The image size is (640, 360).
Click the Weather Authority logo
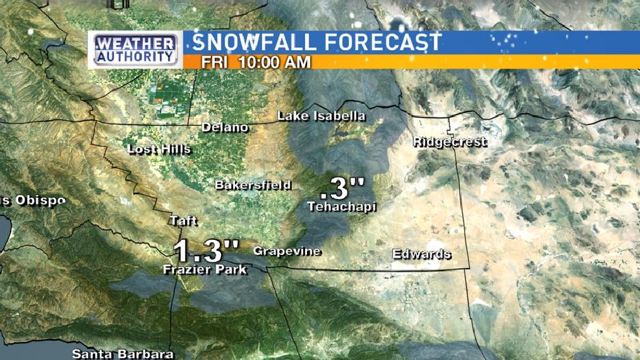(x=136, y=50)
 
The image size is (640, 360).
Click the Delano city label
(x=225, y=127)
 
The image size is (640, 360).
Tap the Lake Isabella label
(x=321, y=117)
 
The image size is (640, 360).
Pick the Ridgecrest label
(x=450, y=142)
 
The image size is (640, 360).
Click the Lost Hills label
(x=159, y=149)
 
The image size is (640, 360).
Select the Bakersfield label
(x=253, y=186)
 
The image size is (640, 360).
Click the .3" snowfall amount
(x=343, y=189)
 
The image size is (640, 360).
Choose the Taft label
(x=183, y=221)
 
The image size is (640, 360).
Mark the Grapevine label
(x=287, y=251)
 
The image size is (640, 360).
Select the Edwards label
(x=422, y=254)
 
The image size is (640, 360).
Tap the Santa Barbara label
(x=123, y=354)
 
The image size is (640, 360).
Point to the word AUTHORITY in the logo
(x=136, y=57)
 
